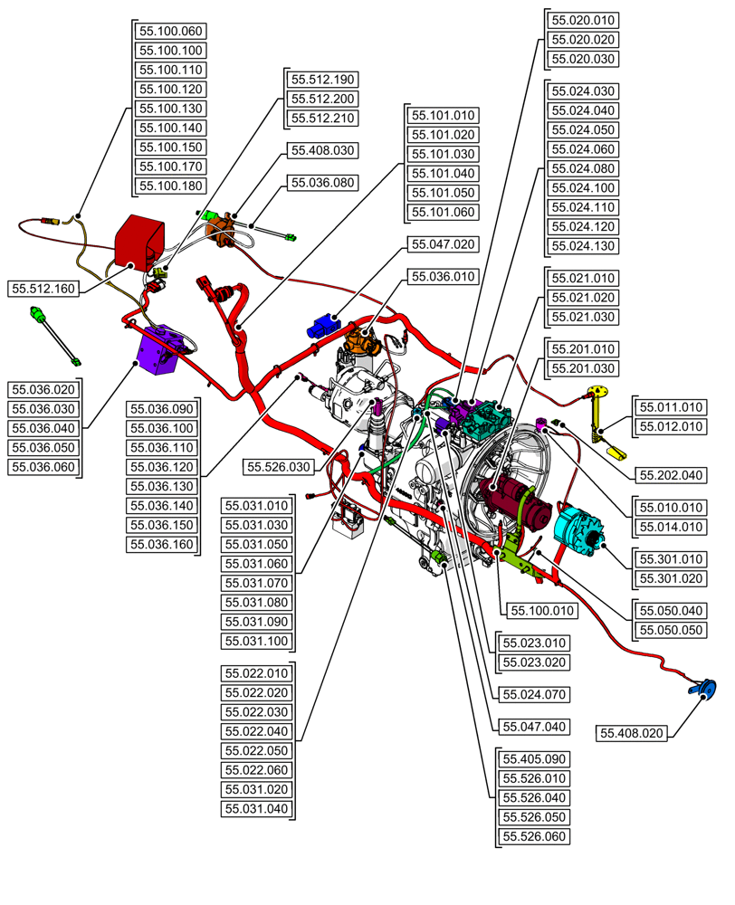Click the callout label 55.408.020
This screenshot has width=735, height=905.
point(633,733)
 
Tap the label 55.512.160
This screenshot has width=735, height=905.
point(43,289)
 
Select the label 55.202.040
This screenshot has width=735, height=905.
point(671,474)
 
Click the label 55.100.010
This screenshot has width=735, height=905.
point(543,610)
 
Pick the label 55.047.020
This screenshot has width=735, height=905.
point(444,244)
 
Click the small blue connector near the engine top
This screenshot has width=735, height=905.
point(321,326)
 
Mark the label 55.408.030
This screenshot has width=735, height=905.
point(322,149)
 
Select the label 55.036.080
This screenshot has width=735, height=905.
point(322,183)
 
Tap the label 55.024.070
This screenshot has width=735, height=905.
point(534,696)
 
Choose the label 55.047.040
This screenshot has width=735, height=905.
point(534,726)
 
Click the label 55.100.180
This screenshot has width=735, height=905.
point(171,186)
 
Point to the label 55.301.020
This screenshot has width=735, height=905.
point(671,577)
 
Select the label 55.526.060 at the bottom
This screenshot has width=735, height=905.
point(534,836)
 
